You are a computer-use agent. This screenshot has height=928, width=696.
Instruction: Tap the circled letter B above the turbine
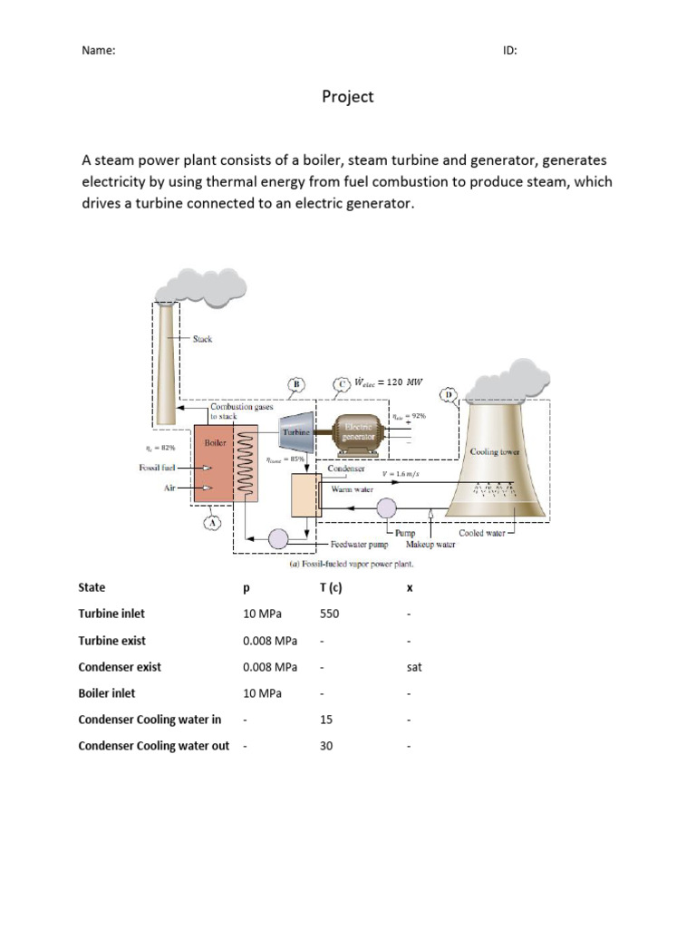coord(296,384)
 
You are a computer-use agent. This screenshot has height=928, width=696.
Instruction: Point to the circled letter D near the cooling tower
coord(448,395)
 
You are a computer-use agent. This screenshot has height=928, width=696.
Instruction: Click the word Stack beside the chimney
coord(202,339)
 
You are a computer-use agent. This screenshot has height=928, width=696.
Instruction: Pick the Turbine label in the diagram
coord(296,434)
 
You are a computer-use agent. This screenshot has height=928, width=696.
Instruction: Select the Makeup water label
coord(430,545)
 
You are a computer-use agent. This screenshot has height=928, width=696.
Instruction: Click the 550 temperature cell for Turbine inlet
coord(330,614)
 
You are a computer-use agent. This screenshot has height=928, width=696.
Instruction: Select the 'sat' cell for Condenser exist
coord(415,667)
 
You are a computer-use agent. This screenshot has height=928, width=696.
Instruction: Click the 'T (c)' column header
coord(332,587)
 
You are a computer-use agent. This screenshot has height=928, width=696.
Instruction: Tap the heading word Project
coord(348,97)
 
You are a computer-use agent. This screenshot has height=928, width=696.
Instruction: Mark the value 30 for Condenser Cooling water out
coord(327,747)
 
